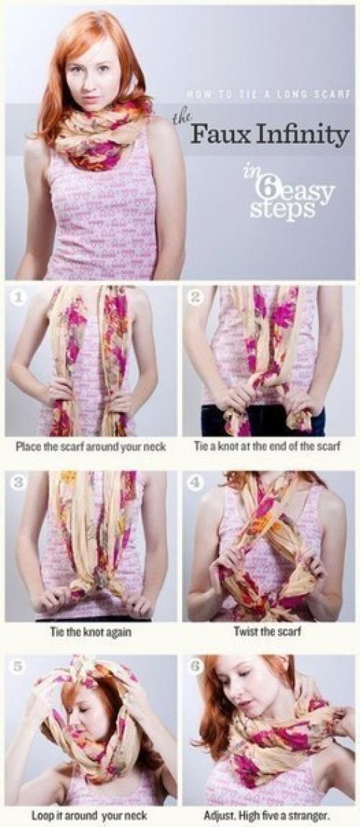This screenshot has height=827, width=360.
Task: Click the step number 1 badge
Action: [19, 298]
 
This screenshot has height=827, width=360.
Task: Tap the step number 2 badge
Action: [196, 298]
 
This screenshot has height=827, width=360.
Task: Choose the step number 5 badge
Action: [19, 666]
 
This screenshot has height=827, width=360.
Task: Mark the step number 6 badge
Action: [196, 666]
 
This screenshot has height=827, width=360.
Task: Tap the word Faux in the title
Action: [216, 135]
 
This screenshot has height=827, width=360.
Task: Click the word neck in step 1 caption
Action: [156, 447]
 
